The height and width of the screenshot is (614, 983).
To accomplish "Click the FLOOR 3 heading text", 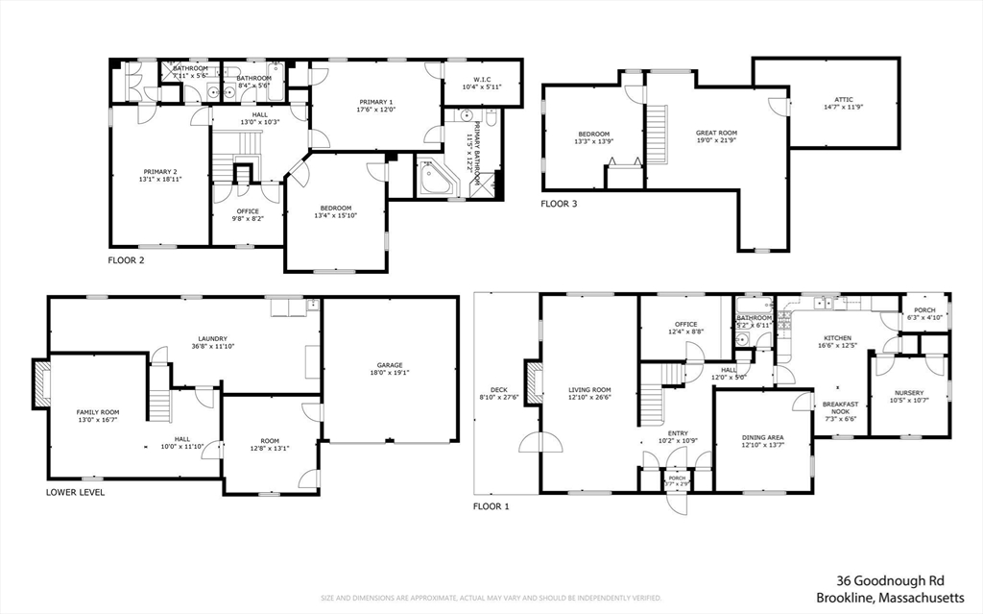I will click(559, 204).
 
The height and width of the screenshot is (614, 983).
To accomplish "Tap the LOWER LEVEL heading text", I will click(75, 492).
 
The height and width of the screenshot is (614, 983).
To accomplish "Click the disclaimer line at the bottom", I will click(491, 598).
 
